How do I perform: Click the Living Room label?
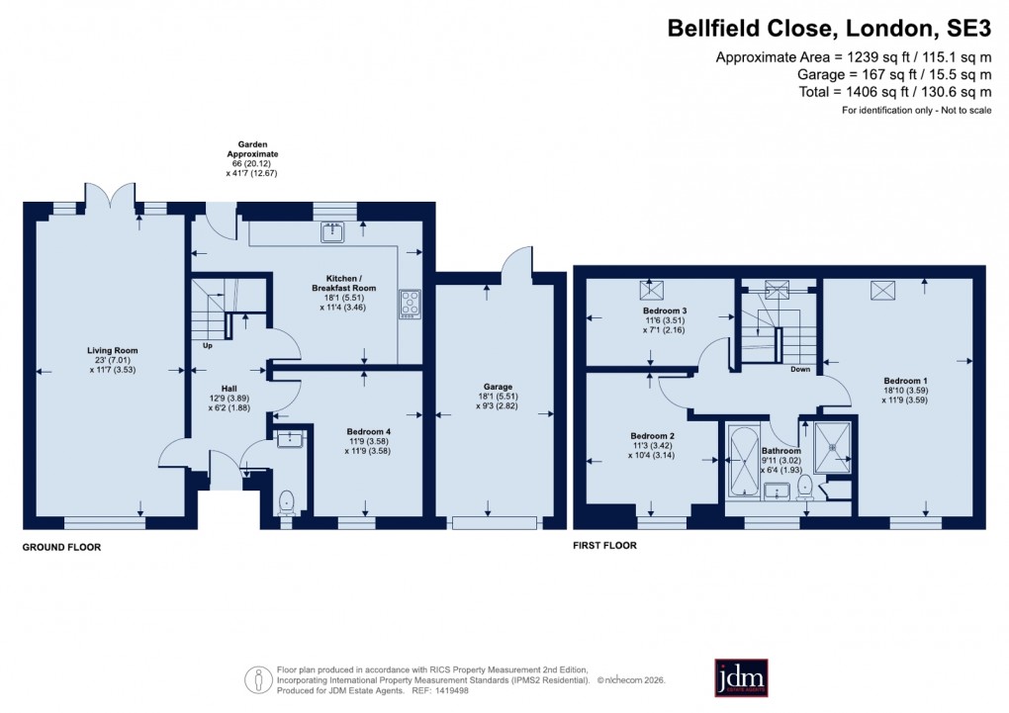[x=112, y=350]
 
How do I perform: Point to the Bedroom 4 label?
[x=368, y=431]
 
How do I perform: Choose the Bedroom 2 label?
[x=652, y=436]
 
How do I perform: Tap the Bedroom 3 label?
[x=665, y=311]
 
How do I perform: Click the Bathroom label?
[x=780, y=451]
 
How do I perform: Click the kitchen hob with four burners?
[x=410, y=304]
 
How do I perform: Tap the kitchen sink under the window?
[x=330, y=233]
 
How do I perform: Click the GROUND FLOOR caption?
[x=62, y=547]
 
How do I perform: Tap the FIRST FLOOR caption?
[x=604, y=545]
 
